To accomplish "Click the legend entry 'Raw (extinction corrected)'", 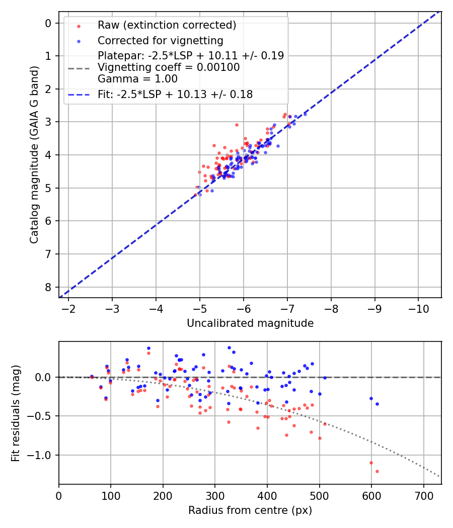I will (x=167, y=25).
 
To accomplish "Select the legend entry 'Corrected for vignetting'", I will (x=161, y=41).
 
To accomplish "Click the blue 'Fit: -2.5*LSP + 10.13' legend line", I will (x=79, y=94).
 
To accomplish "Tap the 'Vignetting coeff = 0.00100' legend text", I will (x=169, y=67).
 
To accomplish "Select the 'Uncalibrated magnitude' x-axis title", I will (x=250, y=323).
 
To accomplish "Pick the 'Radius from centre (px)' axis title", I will (x=250, y=510).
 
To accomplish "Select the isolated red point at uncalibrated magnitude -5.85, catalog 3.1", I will (x=237, y=125).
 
